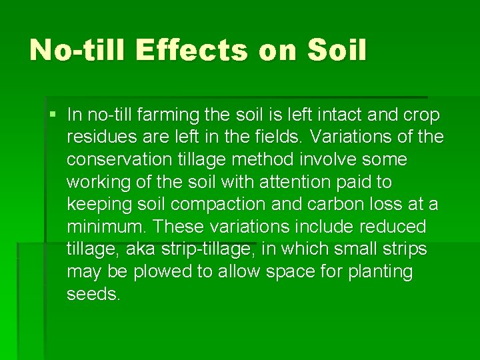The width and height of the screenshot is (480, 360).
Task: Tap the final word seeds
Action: pyautogui.click(x=93, y=294)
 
